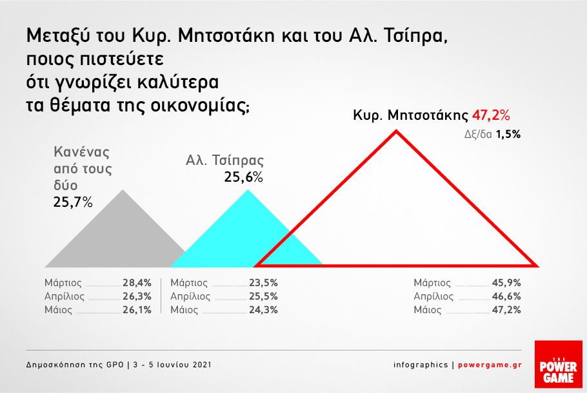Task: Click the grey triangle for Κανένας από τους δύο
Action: tap(116, 239)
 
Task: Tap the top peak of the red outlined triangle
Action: tap(397, 131)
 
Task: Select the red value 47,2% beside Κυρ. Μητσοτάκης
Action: tap(491, 115)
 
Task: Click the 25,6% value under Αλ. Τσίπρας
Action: tap(243, 177)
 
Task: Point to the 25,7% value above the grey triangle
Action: tap(73, 202)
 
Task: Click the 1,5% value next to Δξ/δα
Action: tap(508, 134)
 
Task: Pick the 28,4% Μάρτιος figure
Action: tap(137, 283)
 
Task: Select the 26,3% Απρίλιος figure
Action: tap(137, 296)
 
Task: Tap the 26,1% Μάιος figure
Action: tap(137, 310)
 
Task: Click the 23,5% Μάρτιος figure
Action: tap(264, 283)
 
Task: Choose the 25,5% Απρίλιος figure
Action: tap(264, 296)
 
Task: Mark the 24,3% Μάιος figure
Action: tap(264, 310)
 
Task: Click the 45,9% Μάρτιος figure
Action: tap(506, 283)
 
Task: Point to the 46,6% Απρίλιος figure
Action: tap(506, 296)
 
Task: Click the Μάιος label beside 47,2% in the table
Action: tap(428, 310)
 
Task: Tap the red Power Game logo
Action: tap(559, 364)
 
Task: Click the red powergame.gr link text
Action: tap(490, 365)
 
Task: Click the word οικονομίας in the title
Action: tap(200, 106)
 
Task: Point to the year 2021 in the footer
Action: tap(202, 365)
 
